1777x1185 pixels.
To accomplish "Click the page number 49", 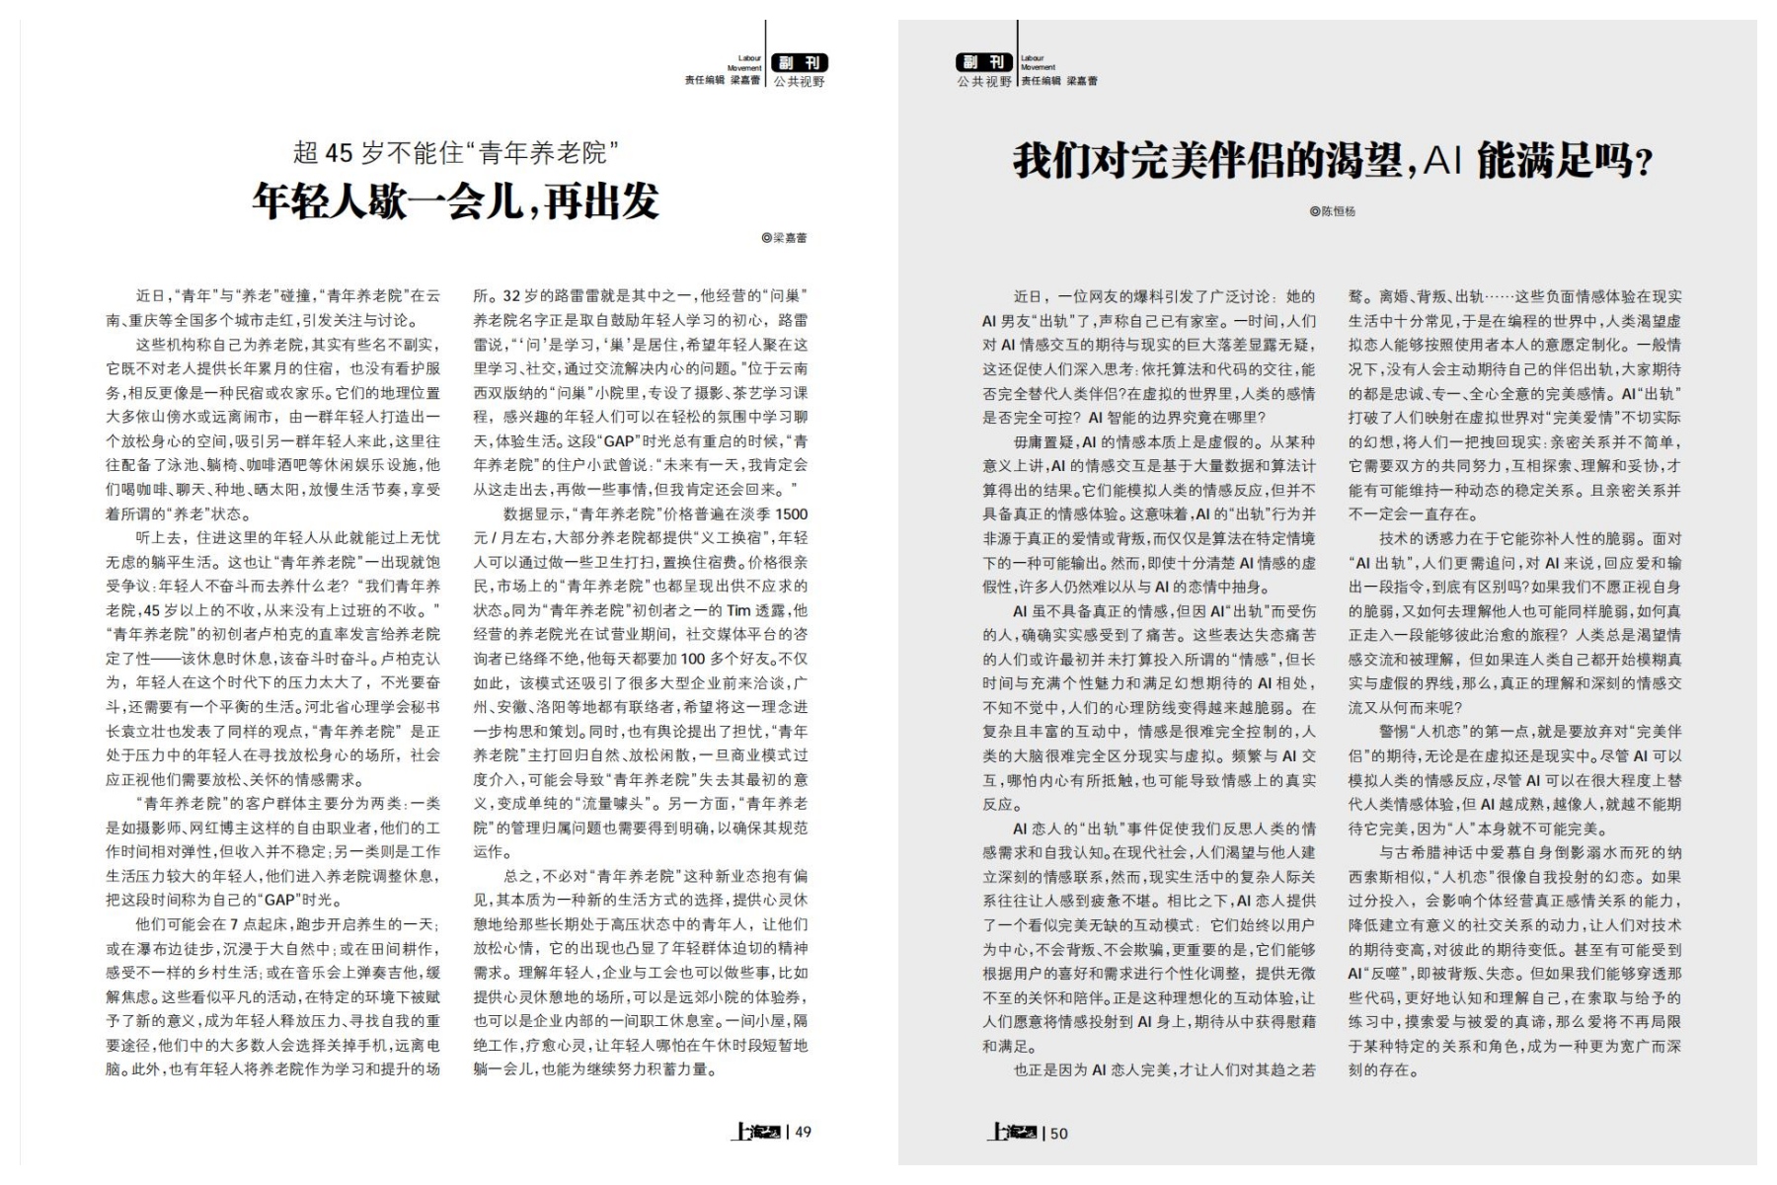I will click(x=804, y=1132).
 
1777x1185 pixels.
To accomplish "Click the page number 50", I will click(x=1058, y=1133).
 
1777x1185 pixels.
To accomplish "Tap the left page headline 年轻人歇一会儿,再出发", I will click(x=455, y=200).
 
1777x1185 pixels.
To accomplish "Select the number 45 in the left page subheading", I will click(x=339, y=153).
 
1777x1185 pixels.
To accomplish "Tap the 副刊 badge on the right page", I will click(x=984, y=63).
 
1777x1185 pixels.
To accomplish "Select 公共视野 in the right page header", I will click(x=984, y=82).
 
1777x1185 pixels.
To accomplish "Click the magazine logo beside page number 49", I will click(x=756, y=1132).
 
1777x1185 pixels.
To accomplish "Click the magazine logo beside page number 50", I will click(x=1011, y=1133).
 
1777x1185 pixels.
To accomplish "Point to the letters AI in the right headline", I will click(x=1442, y=160).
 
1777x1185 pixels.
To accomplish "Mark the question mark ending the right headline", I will click(x=1644, y=163).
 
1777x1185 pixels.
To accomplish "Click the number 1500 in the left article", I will click(x=791, y=514).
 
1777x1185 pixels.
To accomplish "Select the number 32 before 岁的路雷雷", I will click(x=512, y=296).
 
